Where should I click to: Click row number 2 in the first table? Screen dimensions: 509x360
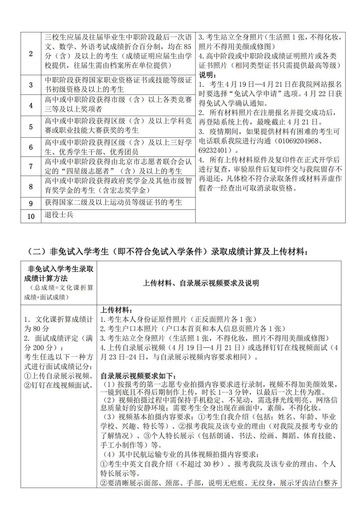31,54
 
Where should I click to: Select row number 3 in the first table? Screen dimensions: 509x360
31,85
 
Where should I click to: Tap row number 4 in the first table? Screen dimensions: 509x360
31,105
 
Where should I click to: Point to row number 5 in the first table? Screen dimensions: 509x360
31,127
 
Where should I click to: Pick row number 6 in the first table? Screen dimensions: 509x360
31,147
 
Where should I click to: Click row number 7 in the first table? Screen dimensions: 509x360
31,166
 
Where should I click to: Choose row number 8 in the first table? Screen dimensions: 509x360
31,186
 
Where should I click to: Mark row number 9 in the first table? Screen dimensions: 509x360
31,204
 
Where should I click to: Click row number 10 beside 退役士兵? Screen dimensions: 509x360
31,216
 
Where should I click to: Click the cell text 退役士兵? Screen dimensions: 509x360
59,214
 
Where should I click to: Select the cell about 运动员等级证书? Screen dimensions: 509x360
114,202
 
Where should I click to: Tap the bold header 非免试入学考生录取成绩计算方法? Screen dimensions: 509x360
59,274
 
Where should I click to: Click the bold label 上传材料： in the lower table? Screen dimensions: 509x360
116,310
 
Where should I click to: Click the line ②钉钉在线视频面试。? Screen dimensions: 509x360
59,385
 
